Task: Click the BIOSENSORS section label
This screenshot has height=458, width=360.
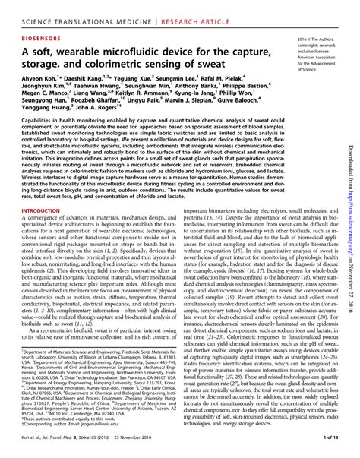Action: tap(41, 36)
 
